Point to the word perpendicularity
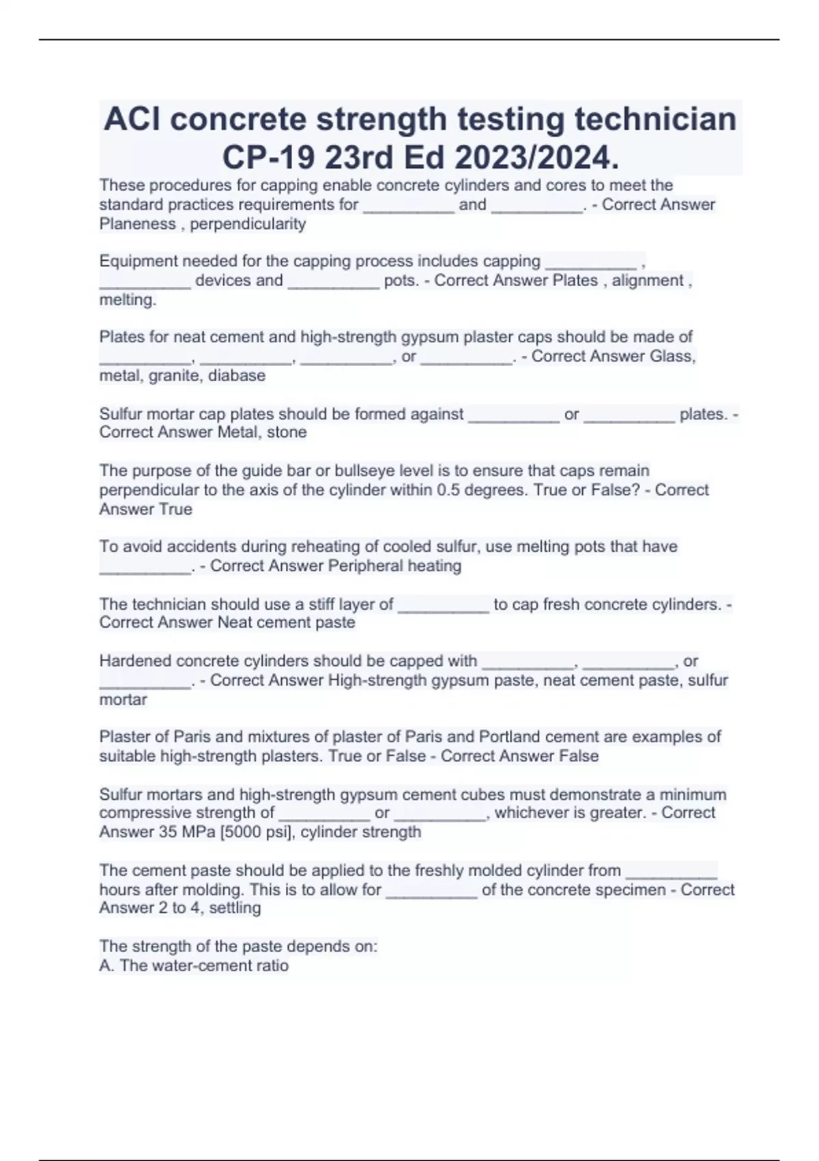coord(248,224)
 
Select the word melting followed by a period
coord(128,300)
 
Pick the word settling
coord(235,908)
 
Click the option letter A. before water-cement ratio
coord(106,966)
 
